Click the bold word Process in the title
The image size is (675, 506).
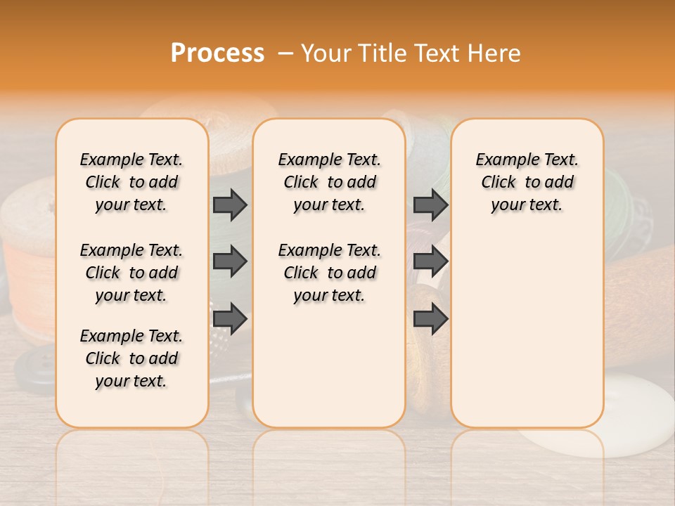pyautogui.click(x=217, y=53)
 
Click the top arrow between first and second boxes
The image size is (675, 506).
pyautogui.click(x=230, y=205)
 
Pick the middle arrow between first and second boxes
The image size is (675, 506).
pyautogui.click(x=230, y=261)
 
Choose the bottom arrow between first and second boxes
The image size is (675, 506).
pyautogui.click(x=230, y=318)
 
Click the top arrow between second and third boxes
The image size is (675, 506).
pyautogui.click(x=430, y=205)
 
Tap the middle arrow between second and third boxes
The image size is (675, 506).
pyautogui.click(x=430, y=261)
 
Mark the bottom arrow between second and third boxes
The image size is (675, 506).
pyautogui.click(x=430, y=318)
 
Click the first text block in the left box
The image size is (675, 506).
pyautogui.click(x=131, y=182)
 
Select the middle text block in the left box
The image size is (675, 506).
pyautogui.click(x=131, y=273)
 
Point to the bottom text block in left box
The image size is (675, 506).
pyautogui.click(x=131, y=358)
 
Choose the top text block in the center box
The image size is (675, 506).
pyautogui.click(x=329, y=182)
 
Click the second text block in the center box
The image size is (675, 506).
pyautogui.click(x=329, y=273)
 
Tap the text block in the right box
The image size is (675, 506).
pyautogui.click(x=527, y=182)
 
